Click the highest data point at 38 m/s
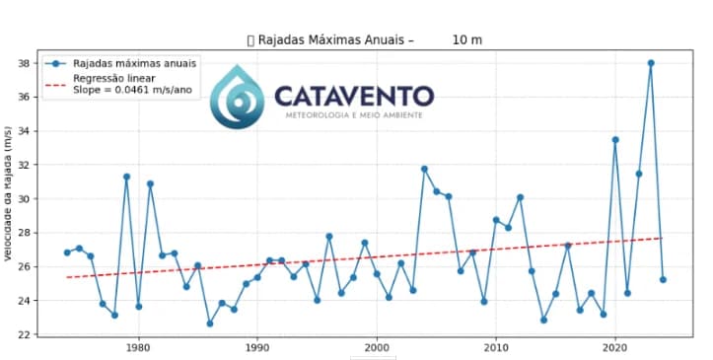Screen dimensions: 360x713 651,63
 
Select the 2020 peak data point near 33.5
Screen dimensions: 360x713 615,139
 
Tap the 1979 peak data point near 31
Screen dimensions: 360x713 126,177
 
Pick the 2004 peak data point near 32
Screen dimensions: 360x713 424,169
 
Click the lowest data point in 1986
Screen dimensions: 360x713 210,324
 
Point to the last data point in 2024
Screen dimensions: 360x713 663,279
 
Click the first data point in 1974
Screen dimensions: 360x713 67,252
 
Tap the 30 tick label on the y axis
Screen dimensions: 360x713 24,199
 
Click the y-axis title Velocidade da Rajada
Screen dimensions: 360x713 8,193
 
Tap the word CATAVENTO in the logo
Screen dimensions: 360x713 353,97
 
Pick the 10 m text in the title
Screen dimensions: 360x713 466,40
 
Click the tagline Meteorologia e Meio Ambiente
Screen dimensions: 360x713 354,115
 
